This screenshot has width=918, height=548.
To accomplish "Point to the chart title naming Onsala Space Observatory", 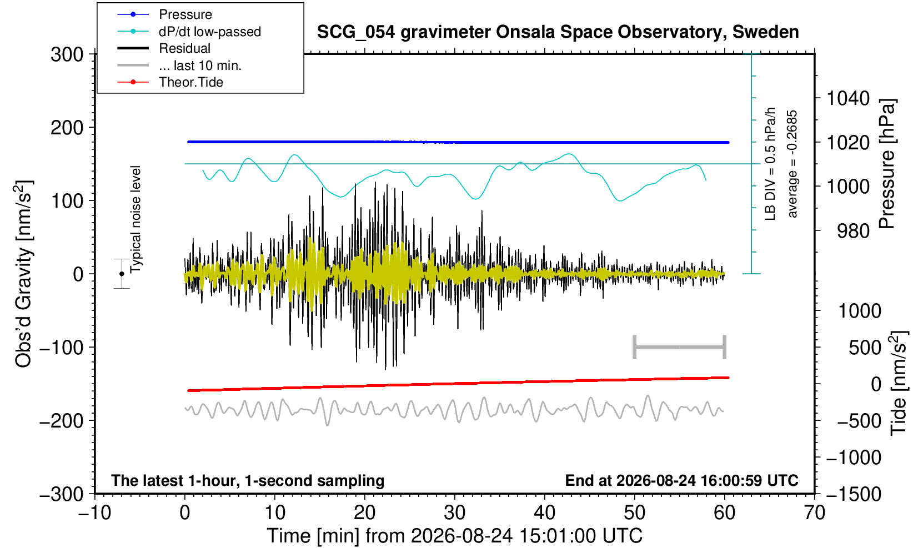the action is [x=558, y=32].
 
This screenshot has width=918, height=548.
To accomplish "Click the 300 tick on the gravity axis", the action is [x=67, y=54].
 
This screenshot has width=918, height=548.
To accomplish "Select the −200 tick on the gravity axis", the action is [x=62, y=420].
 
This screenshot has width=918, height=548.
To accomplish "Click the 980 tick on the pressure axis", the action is [x=854, y=231].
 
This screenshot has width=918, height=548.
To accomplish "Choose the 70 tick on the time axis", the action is [x=814, y=513].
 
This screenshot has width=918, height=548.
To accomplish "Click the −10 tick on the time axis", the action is [x=94, y=513].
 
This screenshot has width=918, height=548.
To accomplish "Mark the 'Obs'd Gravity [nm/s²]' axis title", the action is [x=23, y=274].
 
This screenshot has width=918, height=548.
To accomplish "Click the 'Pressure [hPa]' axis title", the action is [x=887, y=164].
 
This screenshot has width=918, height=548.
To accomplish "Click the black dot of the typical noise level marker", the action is [x=122, y=274].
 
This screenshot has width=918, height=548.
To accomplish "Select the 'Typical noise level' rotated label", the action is [x=136, y=220].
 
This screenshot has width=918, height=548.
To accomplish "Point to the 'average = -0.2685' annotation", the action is [x=792, y=164].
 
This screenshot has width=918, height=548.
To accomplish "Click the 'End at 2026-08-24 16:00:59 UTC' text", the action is [x=681, y=480].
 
